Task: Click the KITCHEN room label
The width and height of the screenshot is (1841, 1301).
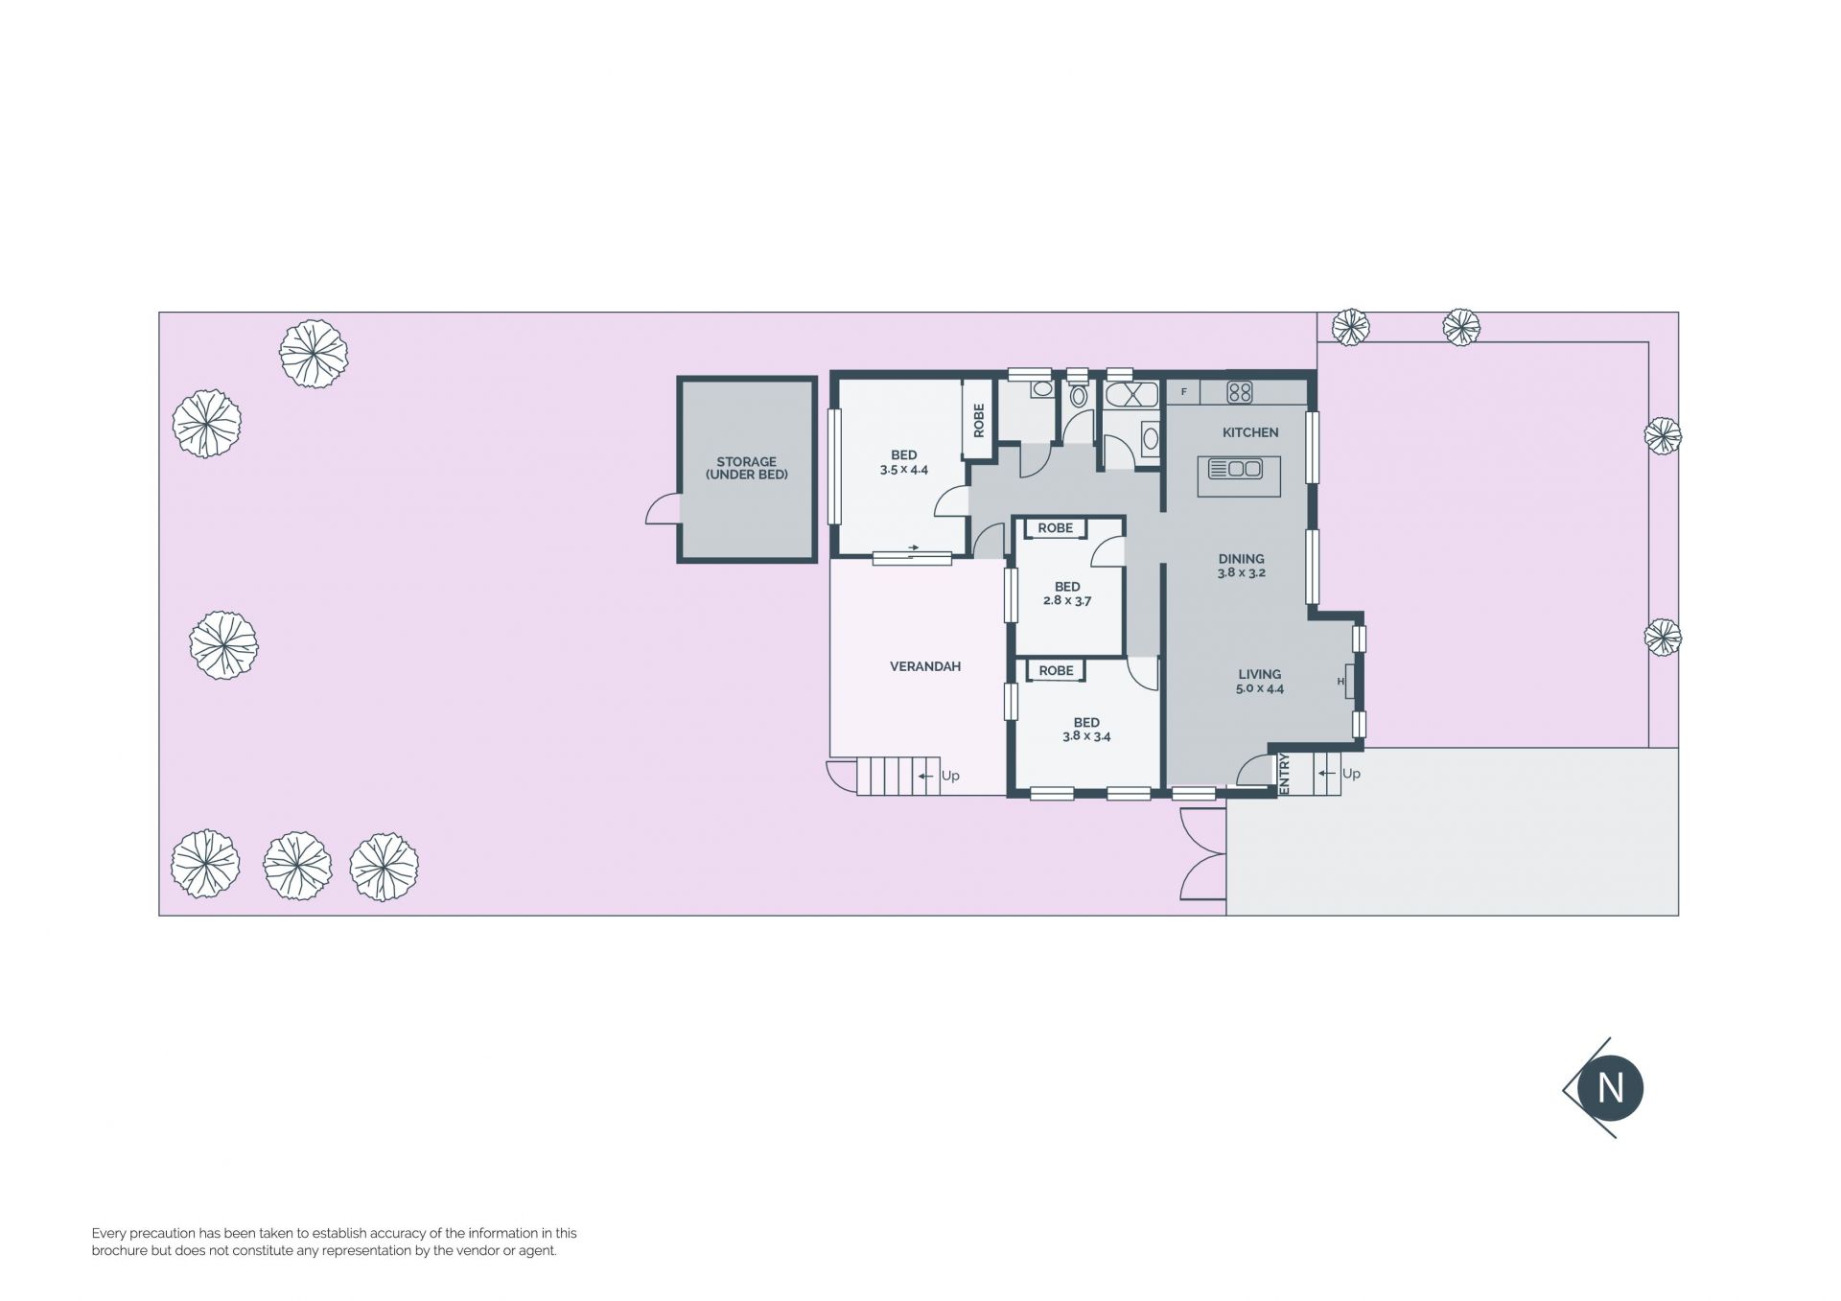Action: click(x=1250, y=432)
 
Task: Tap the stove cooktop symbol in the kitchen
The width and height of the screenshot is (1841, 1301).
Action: click(x=1240, y=391)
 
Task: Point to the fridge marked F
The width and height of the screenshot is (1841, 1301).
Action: click(x=1184, y=392)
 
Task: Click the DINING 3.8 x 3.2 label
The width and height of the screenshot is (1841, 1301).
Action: click(x=1242, y=566)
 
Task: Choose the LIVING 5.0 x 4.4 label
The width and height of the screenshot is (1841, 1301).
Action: click(x=1260, y=681)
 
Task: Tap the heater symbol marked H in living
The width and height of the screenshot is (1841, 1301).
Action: click(x=1345, y=682)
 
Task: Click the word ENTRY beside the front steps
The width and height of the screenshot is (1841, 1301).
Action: click(x=1285, y=774)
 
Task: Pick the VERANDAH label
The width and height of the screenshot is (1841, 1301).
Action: click(x=925, y=666)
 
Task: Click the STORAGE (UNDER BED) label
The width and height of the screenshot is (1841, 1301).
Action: click(x=747, y=468)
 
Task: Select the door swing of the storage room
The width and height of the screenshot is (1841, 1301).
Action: click(x=663, y=508)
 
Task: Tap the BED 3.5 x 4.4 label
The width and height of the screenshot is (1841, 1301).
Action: click(x=904, y=463)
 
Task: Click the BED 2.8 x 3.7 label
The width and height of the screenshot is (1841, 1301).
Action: click(x=1067, y=593)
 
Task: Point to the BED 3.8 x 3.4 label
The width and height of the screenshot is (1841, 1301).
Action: click(x=1086, y=730)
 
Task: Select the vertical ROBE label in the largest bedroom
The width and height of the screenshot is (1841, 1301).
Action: click(x=979, y=420)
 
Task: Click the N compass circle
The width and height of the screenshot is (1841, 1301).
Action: click(x=1611, y=1088)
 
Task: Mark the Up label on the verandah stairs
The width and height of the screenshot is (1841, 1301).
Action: click(x=950, y=776)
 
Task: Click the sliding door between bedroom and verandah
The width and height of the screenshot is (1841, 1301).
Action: click(x=912, y=557)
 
